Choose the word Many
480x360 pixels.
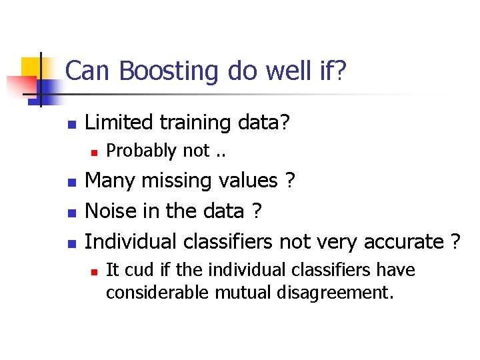(x=109, y=181)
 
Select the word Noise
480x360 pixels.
(x=110, y=211)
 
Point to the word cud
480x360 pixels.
(x=135, y=270)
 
